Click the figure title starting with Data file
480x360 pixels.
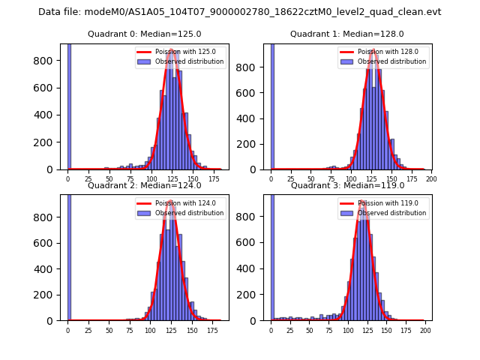(x=240, y=12)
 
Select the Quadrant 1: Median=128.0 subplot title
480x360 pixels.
(x=346, y=34)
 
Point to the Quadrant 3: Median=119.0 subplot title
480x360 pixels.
(x=346, y=185)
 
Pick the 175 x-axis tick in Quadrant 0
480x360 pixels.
(x=214, y=180)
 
